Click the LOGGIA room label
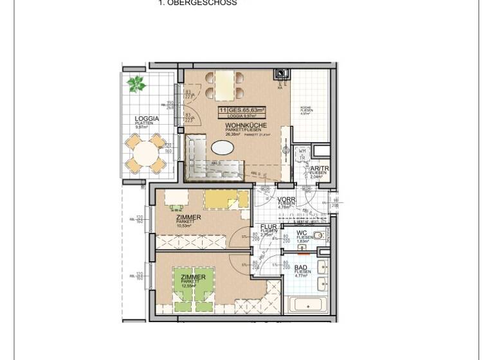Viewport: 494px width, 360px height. click(x=147, y=119)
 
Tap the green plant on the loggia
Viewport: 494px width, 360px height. click(x=136, y=84)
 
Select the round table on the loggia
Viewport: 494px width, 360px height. click(x=147, y=154)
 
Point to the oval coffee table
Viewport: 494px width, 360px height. click(x=223, y=147)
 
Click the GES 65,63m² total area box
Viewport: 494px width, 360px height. click(x=242, y=111)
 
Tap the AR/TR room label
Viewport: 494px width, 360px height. click(x=319, y=168)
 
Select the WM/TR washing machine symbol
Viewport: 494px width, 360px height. click(x=301, y=155)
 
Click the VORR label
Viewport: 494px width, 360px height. click(x=286, y=200)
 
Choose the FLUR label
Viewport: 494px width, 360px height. click(x=268, y=227)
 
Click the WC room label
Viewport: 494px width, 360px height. click(x=302, y=233)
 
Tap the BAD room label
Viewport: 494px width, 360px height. click(x=301, y=267)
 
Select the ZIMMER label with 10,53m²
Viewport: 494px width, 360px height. click(x=188, y=218)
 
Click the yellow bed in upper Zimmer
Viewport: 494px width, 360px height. click(x=225, y=199)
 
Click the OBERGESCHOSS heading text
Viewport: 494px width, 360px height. click(x=197, y=3)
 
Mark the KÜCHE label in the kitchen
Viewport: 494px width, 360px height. click(x=306, y=107)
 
